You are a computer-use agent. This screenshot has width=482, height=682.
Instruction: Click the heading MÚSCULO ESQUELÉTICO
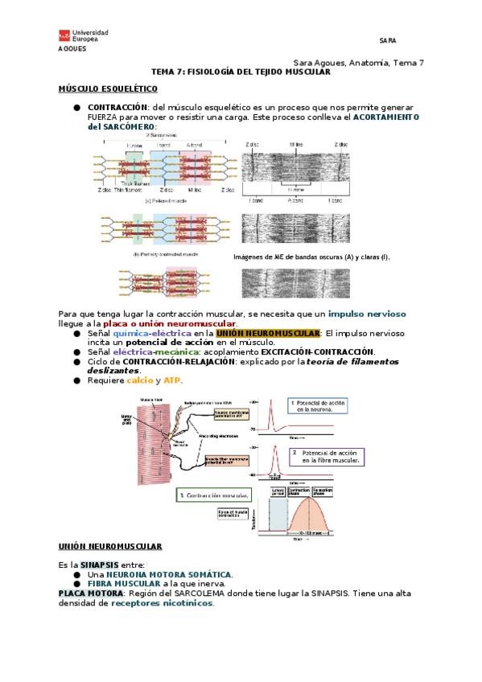(x=108, y=88)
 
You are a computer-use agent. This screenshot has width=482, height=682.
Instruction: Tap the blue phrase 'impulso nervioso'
(x=367, y=313)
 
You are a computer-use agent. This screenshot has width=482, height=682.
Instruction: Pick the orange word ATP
(x=172, y=380)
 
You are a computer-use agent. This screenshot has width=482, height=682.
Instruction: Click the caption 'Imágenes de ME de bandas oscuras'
(x=311, y=257)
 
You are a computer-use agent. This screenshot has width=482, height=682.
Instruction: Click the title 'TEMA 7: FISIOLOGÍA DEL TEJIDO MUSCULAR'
(x=241, y=72)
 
